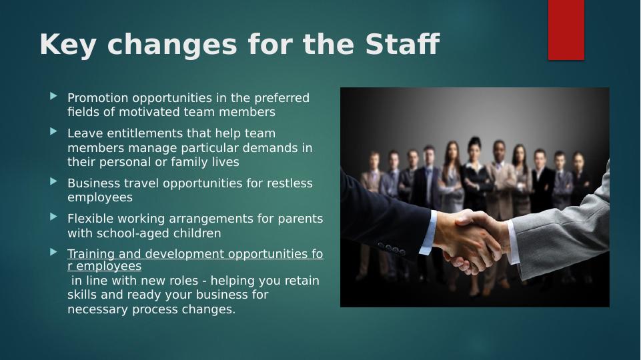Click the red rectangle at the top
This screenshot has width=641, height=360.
click(x=566, y=29)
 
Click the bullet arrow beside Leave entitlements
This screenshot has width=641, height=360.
click(x=54, y=132)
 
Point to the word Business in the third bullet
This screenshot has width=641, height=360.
click(x=91, y=183)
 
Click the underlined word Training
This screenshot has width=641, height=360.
click(x=90, y=254)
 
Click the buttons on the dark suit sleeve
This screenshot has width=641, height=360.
click(x=392, y=249)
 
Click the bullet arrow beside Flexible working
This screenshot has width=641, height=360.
click(x=54, y=217)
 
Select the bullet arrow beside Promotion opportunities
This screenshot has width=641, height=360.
click(x=54, y=96)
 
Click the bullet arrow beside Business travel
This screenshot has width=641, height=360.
click(x=54, y=181)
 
